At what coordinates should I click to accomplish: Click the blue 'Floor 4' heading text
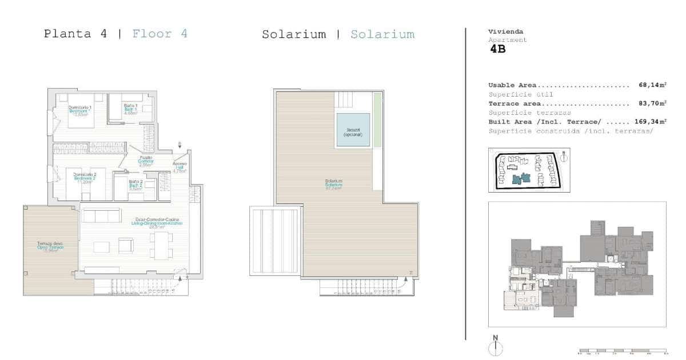(159, 34)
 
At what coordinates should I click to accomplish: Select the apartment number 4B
(497, 49)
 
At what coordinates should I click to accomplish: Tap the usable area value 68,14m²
(652, 85)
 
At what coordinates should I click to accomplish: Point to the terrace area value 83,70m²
(652, 103)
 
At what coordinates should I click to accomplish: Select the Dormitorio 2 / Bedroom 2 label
(80, 177)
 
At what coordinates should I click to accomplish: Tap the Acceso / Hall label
(180, 167)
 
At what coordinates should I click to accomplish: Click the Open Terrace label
(50, 247)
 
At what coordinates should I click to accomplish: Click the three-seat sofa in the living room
(102, 215)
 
